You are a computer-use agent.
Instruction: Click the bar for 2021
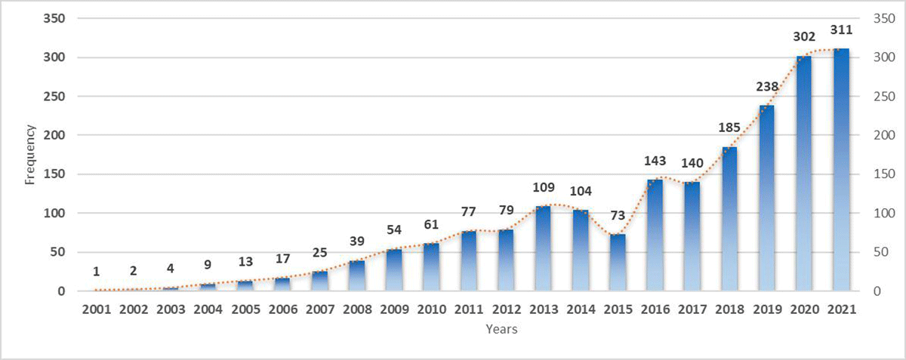(x=841, y=170)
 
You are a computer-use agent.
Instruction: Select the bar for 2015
(x=618, y=263)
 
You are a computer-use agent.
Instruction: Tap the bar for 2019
(x=766, y=198)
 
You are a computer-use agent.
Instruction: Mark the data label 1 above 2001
(x=96, y=272)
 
